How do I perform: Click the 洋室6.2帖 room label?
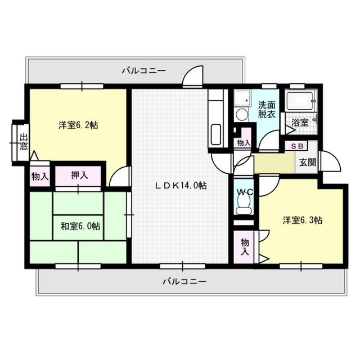pos(79,125)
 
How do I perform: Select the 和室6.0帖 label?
pos(80,226)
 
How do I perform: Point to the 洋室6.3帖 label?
pos(302,219)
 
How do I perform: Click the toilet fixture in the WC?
pos(244,210)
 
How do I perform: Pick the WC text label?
pos(244,192)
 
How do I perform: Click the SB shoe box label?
pos(296,146)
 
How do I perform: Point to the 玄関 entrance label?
pos(307,163)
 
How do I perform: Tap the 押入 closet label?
pos(80,175)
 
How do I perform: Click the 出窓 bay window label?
pos(23,142)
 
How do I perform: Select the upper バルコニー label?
pos(143,71)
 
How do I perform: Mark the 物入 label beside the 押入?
pos(39,177)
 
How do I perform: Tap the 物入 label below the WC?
pos(245,246)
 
